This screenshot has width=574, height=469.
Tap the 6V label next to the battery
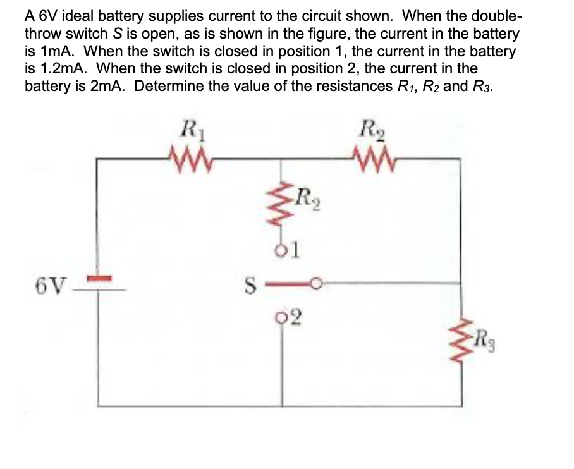tap(49, 284)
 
